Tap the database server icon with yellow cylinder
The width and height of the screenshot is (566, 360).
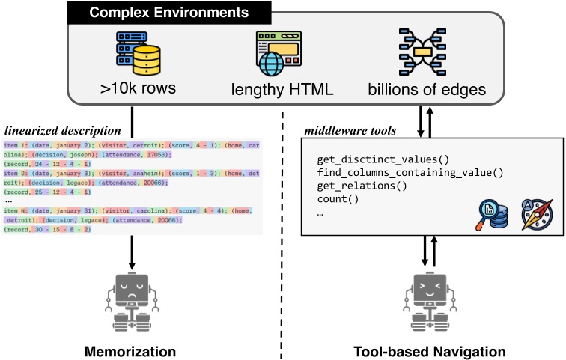(x=139, y=52)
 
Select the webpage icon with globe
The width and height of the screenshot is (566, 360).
(x=279, y=53)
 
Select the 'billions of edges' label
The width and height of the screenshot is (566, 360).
(x=427, y=90)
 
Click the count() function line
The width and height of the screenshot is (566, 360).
(x=338, y=199)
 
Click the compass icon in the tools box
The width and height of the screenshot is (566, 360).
(x=535, y=215)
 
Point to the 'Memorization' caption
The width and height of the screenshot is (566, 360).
(x=131, y=351)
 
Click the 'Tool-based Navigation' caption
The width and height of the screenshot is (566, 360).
(x=430, y=351)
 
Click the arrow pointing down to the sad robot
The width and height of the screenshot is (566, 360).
(x=132, y=254)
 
